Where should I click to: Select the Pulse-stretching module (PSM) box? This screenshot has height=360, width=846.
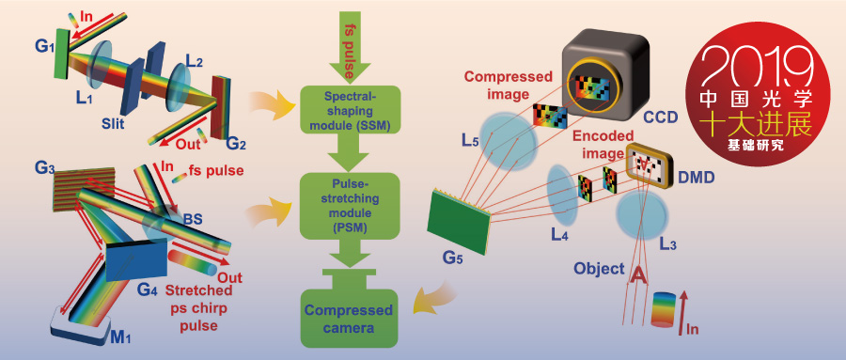coord(350,206)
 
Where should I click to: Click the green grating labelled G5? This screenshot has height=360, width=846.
coord(459,220)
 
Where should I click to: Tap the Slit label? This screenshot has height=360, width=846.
coord(114,124)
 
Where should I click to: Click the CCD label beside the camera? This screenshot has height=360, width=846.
coord(661,117)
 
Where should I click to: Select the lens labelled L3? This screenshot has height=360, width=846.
coord(642,216)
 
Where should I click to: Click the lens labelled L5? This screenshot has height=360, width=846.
coord(509,141)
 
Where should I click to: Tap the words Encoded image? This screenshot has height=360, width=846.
coord(603,144)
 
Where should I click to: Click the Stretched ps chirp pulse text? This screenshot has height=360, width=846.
coord(199,308)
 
